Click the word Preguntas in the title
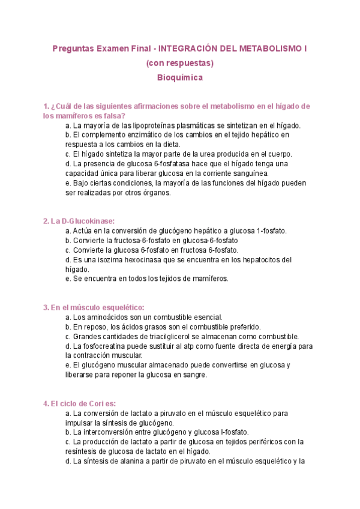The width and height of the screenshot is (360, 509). pyautogui.click(x=72, y=47)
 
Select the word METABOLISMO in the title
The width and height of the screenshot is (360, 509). pyautogui.click(x=272, y=47)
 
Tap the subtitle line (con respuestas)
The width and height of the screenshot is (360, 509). pyautogui.click(x=180, y=62)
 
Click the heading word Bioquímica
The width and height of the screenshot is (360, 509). pyautogui.click(x=180, y=77)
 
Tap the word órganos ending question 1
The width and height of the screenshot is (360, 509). pyautogui.click(x=155, y=193)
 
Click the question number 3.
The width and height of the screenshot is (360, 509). pyautogui.click(x=46, y=307)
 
